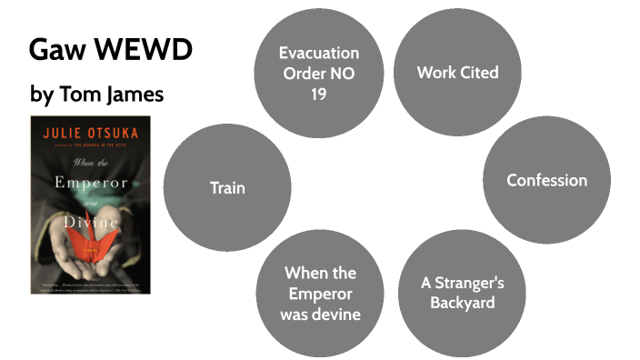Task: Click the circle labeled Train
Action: (x=228, y=188)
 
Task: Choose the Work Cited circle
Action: (x=457, y=72)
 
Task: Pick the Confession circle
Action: (x=546, y=180)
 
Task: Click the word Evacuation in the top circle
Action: (x=319, y=53)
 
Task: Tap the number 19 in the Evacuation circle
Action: (x=319, y=95)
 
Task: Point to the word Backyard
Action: (x=462, y=303)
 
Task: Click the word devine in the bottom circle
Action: (x=338, y=315)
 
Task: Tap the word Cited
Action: (x=478, y=72)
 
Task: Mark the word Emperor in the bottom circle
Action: (x=320, y=294)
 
